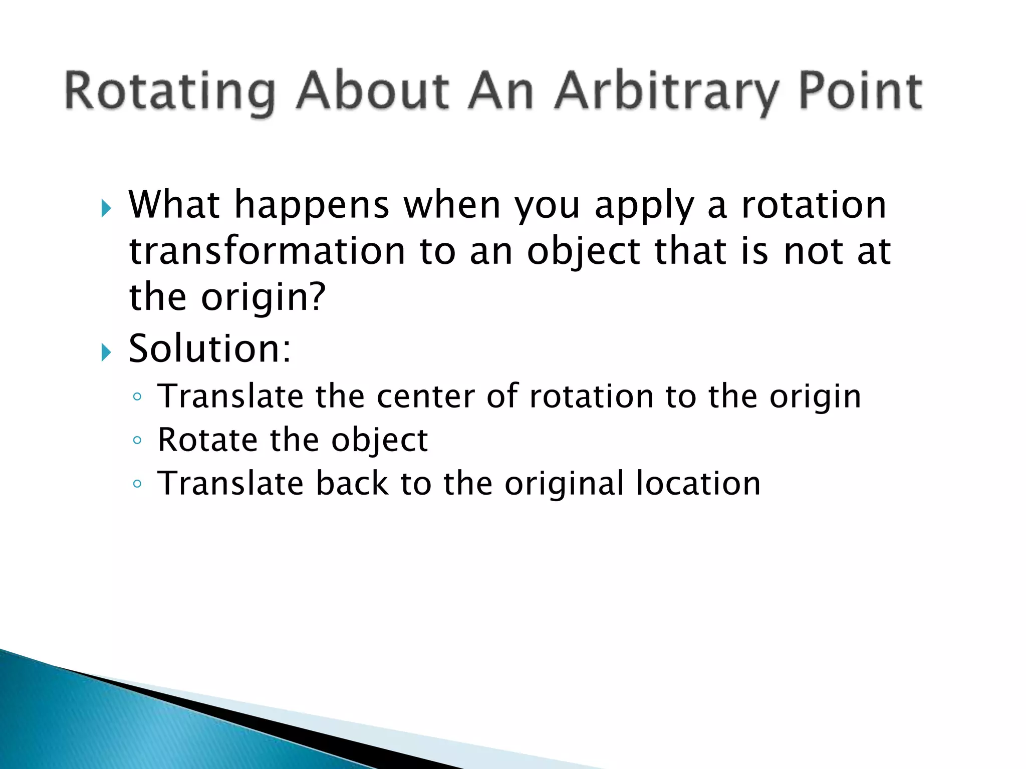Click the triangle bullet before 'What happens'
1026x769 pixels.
pyautogui.click(x=106, y=208)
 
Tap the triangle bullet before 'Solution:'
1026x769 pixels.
pyautogui.click(x=106, y=352)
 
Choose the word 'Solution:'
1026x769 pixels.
pyautogui.click(x=209, y=348)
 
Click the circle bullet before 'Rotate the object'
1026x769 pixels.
pyautogui.click(x=137, y=441)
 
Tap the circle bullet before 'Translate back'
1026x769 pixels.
pyautogui.click(x=137, y=484)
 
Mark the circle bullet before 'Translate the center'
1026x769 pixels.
pyautogui.click(x=137, y=397)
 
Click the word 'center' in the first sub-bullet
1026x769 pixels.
pyautogui.click(x=425, y=397)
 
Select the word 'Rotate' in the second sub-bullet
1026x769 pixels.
pyautogui.click(x=207, y=440)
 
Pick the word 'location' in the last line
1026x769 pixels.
pyautogui.click(x=698, y=484)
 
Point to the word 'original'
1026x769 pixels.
pyautogui.click(x=564, y=485)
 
